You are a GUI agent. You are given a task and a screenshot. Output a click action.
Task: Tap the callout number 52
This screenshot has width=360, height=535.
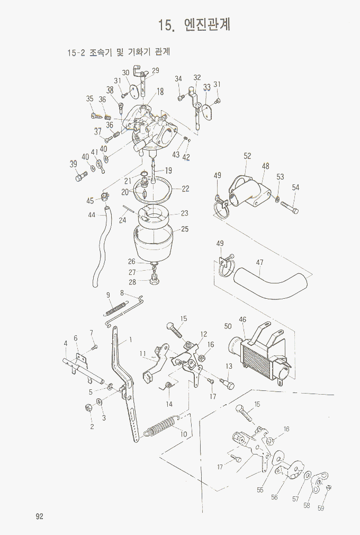click(247, 156)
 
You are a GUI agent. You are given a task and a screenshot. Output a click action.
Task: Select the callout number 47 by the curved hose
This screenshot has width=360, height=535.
click(259, 262)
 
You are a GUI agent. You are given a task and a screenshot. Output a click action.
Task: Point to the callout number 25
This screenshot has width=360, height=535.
click(185, 229)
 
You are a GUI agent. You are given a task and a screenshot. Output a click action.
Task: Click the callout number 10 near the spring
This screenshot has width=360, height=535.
click(184, 434)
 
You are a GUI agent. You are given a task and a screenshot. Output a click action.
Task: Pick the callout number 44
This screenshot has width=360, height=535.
click(92, 215)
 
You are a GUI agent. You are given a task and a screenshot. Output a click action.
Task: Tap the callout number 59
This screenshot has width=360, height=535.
click(321, 509)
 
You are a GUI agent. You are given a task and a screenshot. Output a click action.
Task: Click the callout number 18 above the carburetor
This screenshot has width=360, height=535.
click(160, 91)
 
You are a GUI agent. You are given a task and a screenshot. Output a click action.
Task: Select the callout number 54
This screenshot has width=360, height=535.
click(295, 188)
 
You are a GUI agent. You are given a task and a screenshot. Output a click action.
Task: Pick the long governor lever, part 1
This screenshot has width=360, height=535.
click(126, 387)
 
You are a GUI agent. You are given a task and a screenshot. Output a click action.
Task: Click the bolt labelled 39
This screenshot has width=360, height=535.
click(80, 178)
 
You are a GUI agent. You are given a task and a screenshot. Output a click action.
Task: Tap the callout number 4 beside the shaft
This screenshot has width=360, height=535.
click(66, 343)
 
